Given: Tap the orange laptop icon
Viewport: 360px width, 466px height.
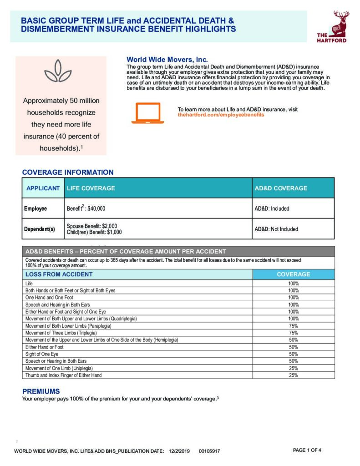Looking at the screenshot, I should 147,113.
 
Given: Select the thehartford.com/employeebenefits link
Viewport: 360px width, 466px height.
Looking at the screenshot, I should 221,115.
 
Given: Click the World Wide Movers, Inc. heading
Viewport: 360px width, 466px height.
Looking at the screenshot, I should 167,60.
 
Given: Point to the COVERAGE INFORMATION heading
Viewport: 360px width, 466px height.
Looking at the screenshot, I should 68,172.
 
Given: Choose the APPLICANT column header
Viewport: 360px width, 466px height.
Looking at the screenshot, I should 43,188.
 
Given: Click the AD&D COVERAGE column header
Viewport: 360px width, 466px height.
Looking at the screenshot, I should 281,188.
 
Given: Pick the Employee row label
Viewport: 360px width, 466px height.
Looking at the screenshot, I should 35,208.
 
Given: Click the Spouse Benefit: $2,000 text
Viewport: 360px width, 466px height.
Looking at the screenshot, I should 92,226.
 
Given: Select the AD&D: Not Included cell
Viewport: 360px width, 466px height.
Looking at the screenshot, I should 276,229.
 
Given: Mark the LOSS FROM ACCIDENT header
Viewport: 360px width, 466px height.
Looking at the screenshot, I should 59,274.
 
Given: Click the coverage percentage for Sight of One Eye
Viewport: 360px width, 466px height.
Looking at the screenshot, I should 293,354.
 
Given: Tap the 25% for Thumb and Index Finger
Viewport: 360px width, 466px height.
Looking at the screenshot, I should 293,375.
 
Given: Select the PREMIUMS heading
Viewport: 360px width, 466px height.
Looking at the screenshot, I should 41,391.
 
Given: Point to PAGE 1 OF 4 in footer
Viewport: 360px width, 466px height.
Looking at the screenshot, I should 307,450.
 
